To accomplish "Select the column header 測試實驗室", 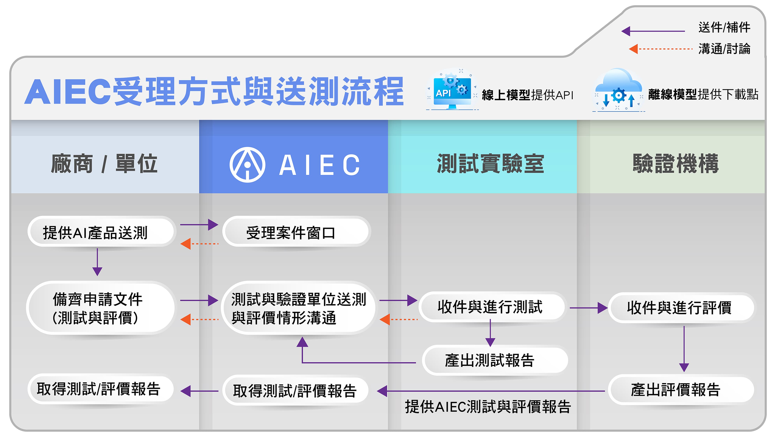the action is point(490,164).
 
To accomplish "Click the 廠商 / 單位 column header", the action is point(104,164).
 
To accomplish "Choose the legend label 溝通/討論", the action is point(724,49).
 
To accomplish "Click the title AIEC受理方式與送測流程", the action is point(214,91).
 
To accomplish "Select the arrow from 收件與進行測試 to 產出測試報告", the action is point(490,333).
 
